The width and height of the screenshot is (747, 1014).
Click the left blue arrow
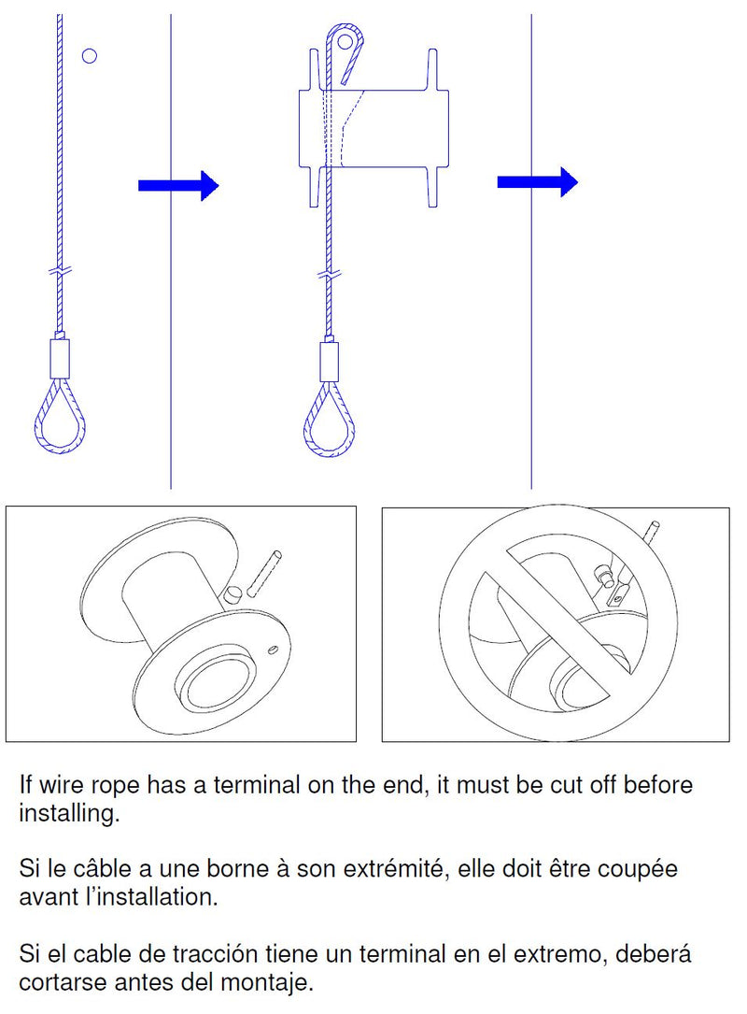pos(178,186)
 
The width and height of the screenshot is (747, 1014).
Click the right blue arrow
pos(537,181)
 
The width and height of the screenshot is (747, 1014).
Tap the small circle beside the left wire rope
pos(90,56)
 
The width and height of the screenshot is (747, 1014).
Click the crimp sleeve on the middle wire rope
pos(329,363)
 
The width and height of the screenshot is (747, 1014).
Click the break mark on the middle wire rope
pos(329,274)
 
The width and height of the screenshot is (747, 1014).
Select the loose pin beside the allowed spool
pos(264,572)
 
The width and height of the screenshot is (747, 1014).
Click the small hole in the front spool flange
pos(273,649)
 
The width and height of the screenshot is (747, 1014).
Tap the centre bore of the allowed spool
pos(215,688)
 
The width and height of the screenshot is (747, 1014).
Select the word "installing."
pos(69,813)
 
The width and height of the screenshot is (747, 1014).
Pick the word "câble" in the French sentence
pos(102,868)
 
